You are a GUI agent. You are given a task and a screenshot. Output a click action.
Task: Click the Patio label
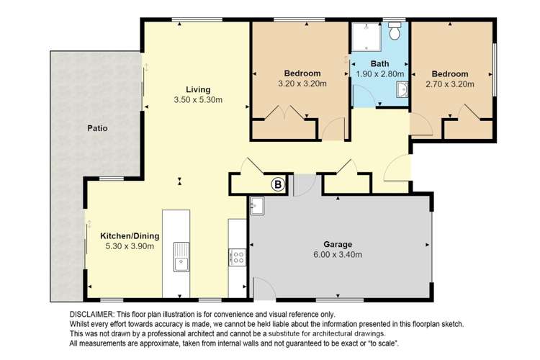97,129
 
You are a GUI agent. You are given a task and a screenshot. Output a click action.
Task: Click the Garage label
338,244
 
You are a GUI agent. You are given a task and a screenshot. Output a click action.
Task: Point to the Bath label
379,63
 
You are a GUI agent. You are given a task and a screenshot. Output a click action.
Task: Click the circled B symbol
277,185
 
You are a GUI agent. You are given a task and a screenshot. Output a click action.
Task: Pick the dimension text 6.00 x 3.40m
338,254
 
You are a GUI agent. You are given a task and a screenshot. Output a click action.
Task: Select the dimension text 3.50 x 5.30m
197,99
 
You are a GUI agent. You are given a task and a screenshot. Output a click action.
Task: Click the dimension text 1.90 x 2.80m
379,73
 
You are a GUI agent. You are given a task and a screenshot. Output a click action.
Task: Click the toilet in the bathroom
395,32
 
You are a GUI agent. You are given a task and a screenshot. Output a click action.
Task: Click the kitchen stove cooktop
237,256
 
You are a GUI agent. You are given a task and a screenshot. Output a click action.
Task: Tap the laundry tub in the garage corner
257,207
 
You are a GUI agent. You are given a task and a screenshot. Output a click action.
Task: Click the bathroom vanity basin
403,89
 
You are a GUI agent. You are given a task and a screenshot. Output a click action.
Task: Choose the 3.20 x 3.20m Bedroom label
302,73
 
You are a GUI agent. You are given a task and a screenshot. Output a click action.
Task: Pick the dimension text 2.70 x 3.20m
449,84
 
